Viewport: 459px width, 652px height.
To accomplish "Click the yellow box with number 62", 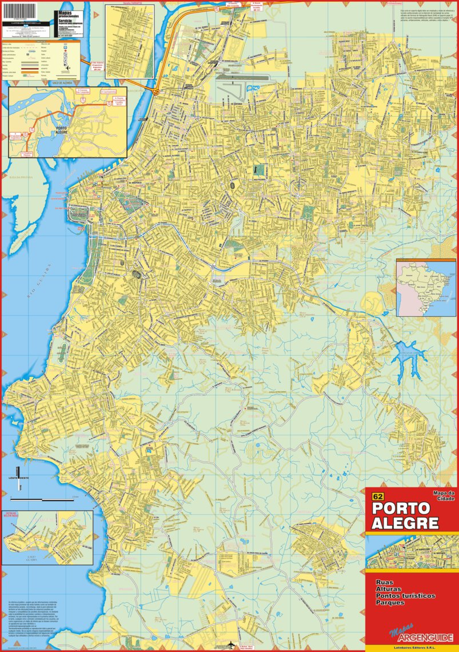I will pos(377,496).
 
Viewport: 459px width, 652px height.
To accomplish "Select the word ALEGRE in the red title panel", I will pos(405,523).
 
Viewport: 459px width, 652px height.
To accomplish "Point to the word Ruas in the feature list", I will pos(384,582).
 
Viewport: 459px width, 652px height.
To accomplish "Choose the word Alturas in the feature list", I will pos(389,589).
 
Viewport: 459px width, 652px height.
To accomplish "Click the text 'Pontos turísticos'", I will pos(405,596).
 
